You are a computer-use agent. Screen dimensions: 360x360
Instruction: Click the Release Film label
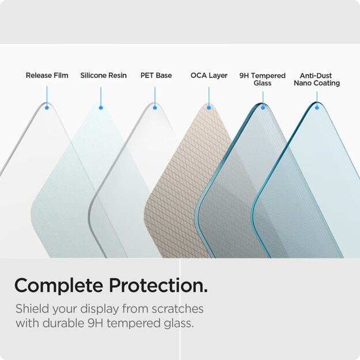click(47, 75)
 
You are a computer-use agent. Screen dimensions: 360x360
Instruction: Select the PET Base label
click(156, 75)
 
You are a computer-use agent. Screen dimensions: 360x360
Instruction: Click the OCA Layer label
click(209, 75)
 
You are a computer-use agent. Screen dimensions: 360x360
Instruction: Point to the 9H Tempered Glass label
click(262, 79)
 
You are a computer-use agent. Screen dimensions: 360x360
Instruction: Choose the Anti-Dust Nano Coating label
click(316, 79)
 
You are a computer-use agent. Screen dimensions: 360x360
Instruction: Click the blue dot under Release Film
click(47, 108)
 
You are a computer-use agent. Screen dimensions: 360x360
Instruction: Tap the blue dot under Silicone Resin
click(101, 108)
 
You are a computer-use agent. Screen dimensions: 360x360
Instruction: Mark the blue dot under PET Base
click(154, 108)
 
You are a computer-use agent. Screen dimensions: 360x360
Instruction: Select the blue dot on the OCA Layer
click(209, 108)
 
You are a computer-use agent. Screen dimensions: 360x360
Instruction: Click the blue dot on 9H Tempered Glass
click(263, 108)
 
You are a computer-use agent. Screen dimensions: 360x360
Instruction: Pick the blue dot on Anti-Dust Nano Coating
click(316, 108)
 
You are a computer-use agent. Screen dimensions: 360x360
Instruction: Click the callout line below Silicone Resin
click(101, 96)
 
